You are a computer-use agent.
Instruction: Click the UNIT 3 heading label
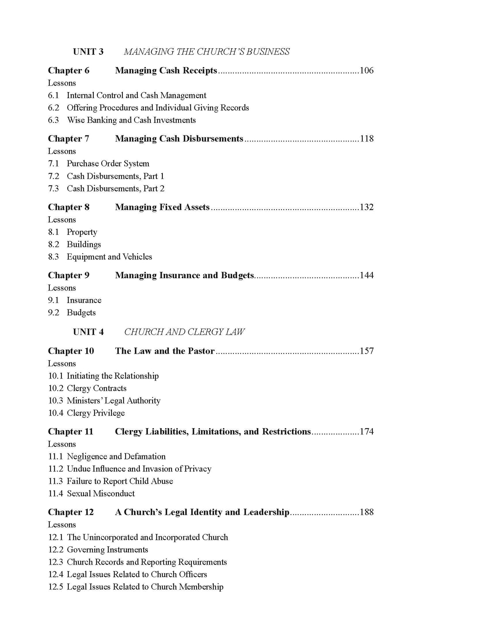[88, 52]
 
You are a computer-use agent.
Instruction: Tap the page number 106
[366, 70]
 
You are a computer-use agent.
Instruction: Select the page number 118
[366, 139]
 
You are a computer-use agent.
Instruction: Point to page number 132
[366, 207]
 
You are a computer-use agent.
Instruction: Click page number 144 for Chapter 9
[366, 276]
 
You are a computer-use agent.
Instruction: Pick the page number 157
[366, 351]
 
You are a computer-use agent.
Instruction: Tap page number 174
[366, 432]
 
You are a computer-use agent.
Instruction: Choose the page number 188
[366, 512]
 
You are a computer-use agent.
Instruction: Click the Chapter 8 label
[69, 207]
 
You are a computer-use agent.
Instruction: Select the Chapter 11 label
[70, 432]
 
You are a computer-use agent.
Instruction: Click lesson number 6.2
[53, 108]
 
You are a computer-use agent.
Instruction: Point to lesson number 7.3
[53, 189]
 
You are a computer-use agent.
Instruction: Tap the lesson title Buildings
[84, 244]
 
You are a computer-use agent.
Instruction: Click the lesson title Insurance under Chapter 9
[84, 300]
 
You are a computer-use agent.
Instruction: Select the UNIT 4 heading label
[88, 332]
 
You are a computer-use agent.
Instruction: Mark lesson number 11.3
[55, 481]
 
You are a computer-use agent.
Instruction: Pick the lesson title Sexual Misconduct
[101, 494]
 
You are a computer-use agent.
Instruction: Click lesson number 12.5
[55, 587]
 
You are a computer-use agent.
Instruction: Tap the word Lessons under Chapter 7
[62, 151]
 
